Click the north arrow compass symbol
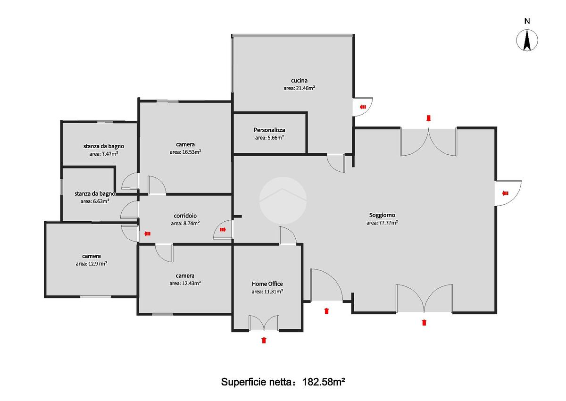coord(527,40)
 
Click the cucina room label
coord(299,81)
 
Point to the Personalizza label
coord(269,130)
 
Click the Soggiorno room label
coord(382,215)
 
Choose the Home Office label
coord(267,284)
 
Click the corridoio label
coord(185,216)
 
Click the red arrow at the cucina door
coord(363,107)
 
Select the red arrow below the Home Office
coord(264,340)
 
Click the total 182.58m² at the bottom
coord(324,382)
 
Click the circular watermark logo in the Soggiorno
coord(283,200)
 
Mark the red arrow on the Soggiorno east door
coord(505,193)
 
